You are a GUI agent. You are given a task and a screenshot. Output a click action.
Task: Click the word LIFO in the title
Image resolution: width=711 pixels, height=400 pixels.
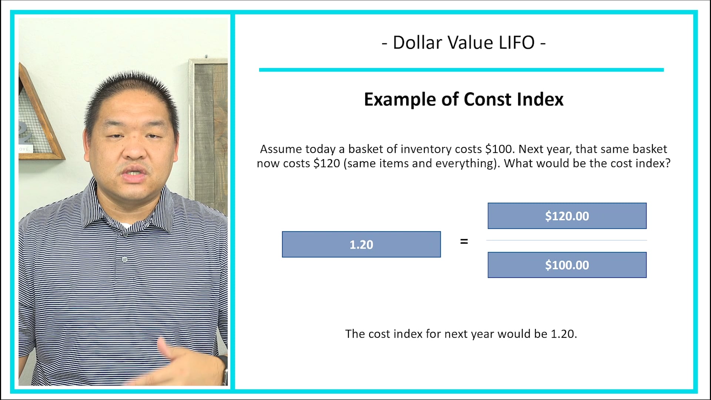517,43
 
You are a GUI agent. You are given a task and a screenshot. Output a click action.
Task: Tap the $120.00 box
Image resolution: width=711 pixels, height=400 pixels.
567,216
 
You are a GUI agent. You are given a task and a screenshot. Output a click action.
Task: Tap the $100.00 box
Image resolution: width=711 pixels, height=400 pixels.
567,265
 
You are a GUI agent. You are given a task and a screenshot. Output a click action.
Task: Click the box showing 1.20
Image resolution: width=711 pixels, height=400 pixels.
361,244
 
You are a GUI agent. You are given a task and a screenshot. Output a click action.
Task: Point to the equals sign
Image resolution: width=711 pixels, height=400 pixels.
464,241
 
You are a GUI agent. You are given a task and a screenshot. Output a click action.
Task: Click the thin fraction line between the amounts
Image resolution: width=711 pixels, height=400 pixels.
567,240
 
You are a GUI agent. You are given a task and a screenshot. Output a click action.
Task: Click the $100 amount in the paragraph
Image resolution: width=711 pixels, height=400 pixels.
500,149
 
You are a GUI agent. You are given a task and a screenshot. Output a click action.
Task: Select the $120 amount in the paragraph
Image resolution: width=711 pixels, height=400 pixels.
327,163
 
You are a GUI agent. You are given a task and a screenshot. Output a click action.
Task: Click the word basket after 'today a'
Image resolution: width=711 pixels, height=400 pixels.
365,149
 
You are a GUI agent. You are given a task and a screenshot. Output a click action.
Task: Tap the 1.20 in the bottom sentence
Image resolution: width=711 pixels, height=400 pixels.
563,334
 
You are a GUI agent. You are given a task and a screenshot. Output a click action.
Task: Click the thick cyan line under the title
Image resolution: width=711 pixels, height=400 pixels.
461,70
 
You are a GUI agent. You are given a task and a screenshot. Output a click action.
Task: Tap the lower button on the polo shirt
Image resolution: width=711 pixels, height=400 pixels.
124,260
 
